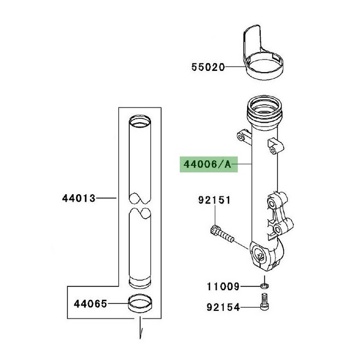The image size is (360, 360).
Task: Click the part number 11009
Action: click(x=222, y=286)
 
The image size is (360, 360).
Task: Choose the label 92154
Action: click(x=222, y=308)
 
